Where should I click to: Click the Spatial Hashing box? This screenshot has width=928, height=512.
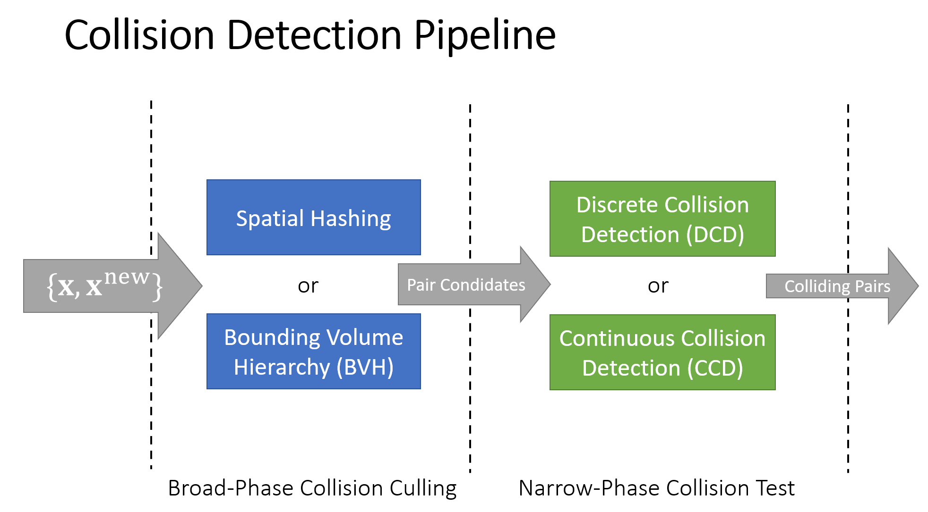pos(313,218)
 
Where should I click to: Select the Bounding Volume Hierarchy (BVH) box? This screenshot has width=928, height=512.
pos(313,352)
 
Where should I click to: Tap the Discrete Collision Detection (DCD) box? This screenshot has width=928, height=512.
pos(662,219)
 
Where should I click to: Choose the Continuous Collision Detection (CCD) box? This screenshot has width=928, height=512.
pos(662,353)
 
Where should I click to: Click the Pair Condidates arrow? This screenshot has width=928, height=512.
pos(466,285)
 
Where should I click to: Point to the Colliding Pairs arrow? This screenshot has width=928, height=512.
pos(837,286)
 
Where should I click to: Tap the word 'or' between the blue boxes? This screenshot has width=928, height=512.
pos(308,286)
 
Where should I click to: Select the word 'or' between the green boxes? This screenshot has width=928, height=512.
pos(658,286)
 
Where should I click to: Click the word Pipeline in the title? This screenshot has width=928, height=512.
pos(485,36)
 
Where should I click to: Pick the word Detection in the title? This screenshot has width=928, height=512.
pos(314,36)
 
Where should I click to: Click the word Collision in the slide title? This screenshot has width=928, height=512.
pos(140,36)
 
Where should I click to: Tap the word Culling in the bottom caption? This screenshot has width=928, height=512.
pos(423,488)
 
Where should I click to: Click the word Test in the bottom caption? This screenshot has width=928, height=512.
pos(775,488)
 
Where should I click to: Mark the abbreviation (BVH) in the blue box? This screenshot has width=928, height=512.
pos(365,367)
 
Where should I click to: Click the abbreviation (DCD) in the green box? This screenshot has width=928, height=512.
pos(715,235)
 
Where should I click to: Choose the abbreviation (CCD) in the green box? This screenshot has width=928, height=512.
pos(715,368)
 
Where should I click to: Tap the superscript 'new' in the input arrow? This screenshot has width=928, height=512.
pos(127,277)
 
